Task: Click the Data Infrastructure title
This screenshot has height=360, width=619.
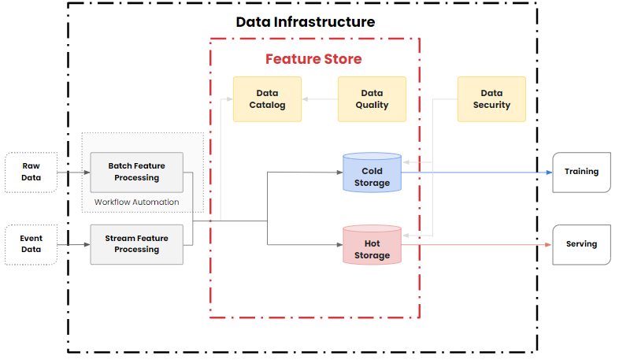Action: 306,22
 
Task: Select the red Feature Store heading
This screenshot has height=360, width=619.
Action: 313,59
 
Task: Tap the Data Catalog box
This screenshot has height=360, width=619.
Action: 267,99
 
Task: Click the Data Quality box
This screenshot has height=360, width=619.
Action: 372,99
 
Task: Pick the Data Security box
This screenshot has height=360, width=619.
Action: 491,99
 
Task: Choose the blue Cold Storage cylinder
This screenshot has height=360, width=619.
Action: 372,174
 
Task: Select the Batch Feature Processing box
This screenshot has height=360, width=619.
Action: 136,172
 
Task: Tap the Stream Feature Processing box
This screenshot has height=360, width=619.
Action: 136,244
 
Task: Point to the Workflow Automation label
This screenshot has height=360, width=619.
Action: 136,202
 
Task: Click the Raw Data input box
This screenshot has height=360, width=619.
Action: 31,172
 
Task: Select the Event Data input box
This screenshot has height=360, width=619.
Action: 31,244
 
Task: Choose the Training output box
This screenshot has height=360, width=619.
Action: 581,172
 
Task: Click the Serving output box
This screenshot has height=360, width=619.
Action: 581,244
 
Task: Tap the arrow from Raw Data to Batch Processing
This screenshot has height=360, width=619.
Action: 73,172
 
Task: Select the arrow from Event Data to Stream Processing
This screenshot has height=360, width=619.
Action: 73,244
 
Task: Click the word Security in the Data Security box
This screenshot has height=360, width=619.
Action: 491,106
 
